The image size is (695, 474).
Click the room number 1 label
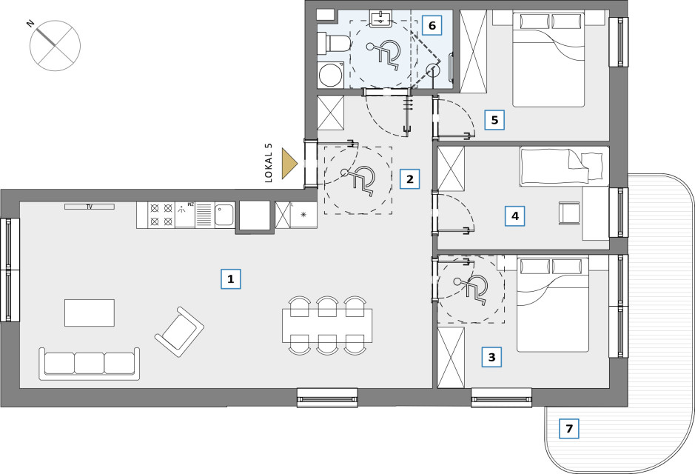coord(230,279)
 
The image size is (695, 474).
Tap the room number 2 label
coord(409,179)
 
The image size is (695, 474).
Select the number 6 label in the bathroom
coord(432,25)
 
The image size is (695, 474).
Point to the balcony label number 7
coord(569,429)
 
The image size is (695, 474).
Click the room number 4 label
coord(515,216)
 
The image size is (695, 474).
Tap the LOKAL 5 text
coord(268,164)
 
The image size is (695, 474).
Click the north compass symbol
coord(55,45)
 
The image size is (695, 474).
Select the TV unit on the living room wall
coord(90,207)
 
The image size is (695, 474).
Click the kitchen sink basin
coord(225,215)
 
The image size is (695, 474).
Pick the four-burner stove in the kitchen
coord(161,215)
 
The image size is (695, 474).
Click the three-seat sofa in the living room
coord(89,364)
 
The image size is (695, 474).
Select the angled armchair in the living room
coord(179,332)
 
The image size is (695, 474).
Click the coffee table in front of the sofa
coord(90,313)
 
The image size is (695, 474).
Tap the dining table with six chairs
coord(327,325)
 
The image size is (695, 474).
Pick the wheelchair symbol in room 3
coord(471,289)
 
